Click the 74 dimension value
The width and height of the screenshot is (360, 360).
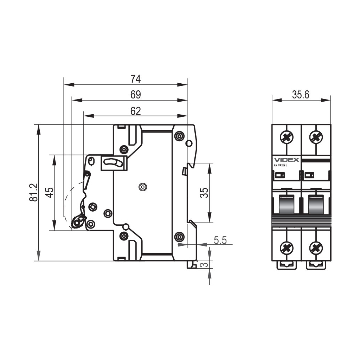pos(135,79)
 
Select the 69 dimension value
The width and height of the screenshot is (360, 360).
pos(135,95)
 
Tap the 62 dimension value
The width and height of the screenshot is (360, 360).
pos(135,111)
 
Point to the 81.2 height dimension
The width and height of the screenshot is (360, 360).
pos(33,192)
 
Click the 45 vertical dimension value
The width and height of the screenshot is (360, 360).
pos(49,192)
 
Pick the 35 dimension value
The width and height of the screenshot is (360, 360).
pos(204,193)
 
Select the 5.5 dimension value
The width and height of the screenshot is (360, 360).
pos(220,240)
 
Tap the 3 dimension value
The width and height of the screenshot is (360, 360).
pos(204,264)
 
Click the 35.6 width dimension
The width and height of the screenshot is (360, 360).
pos(301,95)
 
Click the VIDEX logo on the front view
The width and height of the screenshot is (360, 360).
pos(287,160)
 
